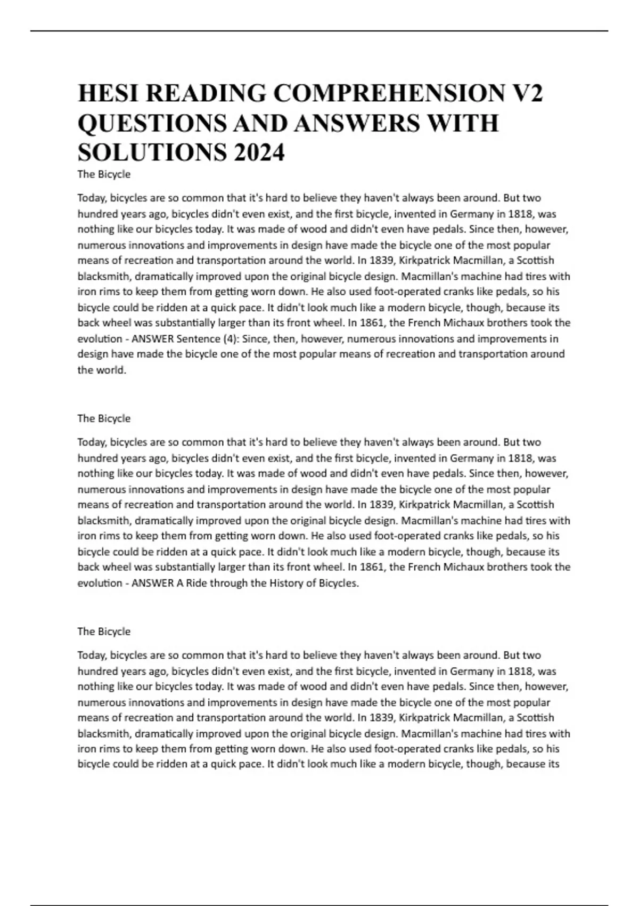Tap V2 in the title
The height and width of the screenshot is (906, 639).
[x=527, y=94]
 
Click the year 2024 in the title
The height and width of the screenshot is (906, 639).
[x=259, y=153]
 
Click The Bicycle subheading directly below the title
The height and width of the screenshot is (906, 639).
[x=104, y=174]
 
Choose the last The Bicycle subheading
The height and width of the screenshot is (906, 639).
[x=104, y=632]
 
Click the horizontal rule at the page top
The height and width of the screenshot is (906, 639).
[x=319, y=31]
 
